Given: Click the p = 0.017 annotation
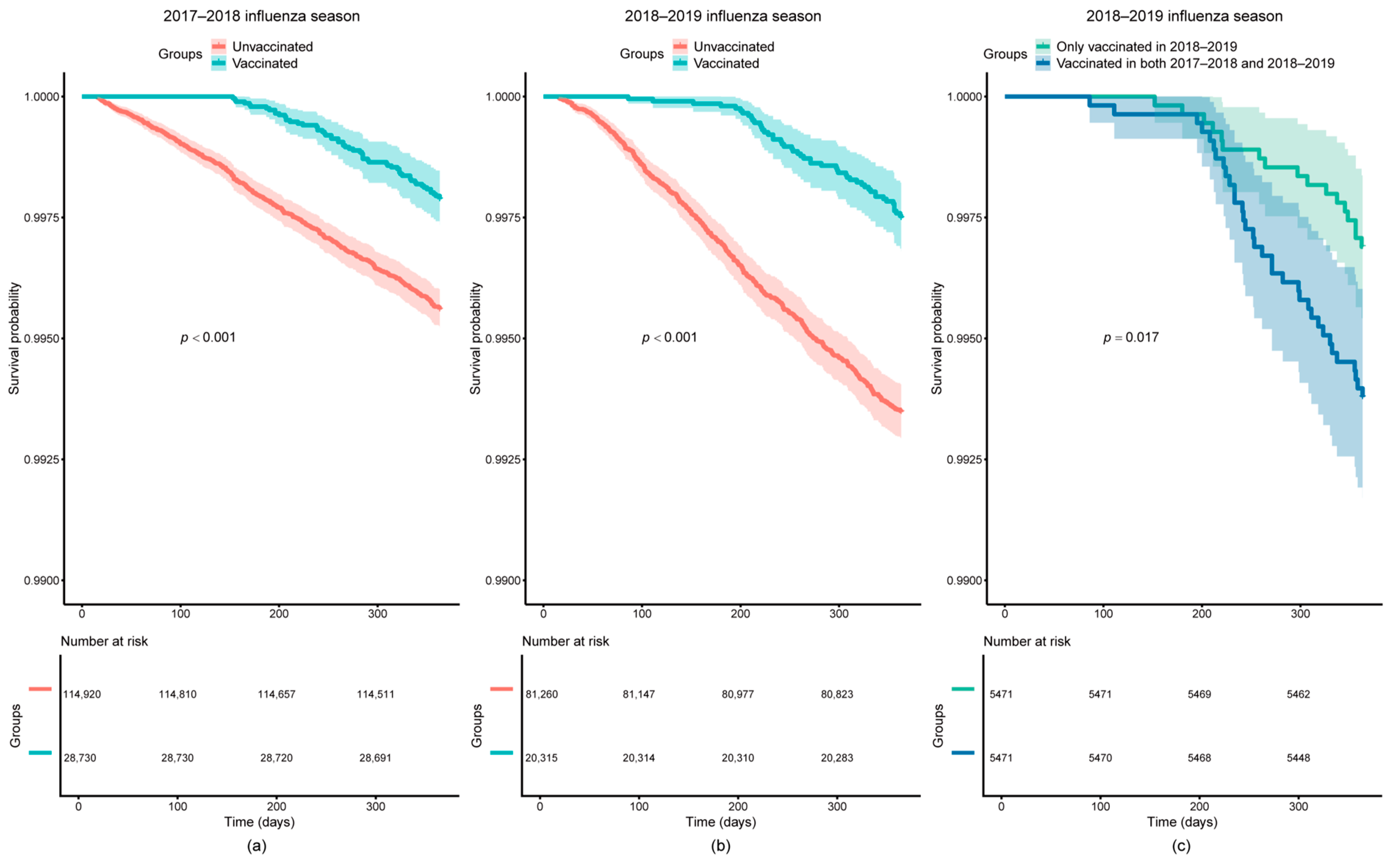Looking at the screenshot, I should (x=1131, y=337).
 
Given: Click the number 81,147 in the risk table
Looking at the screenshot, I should (x=638, y=694).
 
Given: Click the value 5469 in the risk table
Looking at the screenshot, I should (x=1199, y=694).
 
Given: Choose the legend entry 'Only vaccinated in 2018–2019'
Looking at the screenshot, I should (x=1146, y=47).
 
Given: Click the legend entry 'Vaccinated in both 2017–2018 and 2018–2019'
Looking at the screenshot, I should (x=1195, y=63).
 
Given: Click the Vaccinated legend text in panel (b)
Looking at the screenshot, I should (x=726, y=63).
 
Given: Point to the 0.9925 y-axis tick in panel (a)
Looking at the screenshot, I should (x=41, y=460).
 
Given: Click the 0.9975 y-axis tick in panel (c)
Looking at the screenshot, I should (x=964, y=218).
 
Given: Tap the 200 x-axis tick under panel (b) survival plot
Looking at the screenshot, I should (x=740, y=614).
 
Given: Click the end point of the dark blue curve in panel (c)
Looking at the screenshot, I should (x=1362, y=395).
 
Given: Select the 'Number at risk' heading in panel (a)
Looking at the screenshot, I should (x=104, y=641).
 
